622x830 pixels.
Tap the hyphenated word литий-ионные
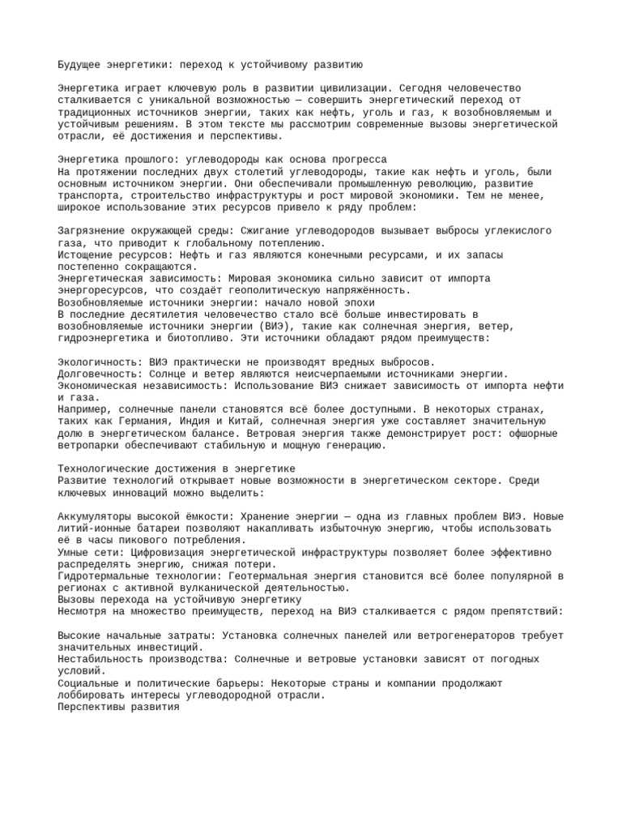(96, 528)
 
